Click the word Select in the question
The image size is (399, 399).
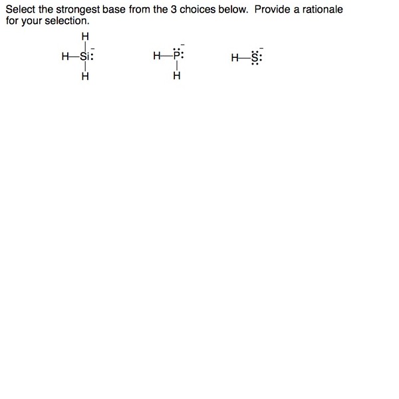20,10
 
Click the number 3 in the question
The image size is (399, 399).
174,10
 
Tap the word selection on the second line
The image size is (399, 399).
66,20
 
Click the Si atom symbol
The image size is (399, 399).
85,57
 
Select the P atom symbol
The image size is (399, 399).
176,57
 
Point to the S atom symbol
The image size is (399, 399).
257,57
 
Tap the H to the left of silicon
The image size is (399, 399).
65,57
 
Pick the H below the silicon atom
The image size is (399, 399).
84,76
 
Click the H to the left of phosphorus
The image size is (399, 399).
156,57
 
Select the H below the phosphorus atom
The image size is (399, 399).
176,76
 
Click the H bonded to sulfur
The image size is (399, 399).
235,57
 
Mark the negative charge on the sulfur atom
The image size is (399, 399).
262,47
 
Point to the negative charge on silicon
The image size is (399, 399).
93,47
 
